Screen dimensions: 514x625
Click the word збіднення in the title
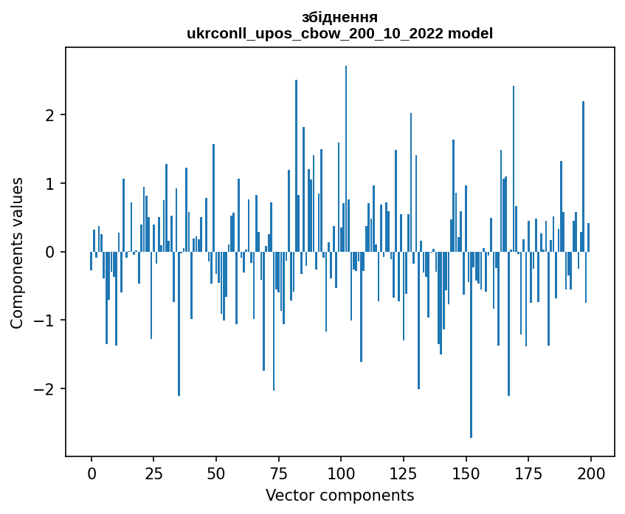(x=339, y=17)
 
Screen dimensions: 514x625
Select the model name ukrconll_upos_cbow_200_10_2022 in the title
(x=320, y=33)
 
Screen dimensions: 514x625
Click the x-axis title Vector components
(x=339, y=495)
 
